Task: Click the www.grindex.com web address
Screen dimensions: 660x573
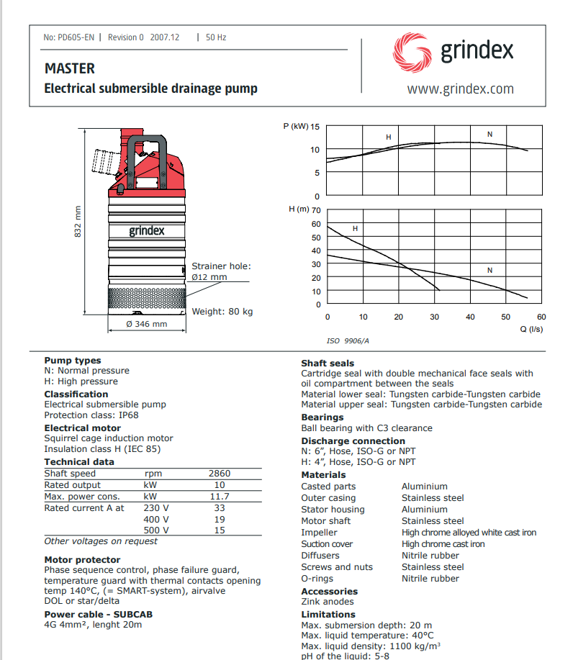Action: (x=460, y=89)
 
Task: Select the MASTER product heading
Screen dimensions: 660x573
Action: (x=70, y=68)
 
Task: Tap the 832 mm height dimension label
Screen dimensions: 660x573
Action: (x=79, y=221)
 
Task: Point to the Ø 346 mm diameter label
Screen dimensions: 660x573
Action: (x=146, y=324)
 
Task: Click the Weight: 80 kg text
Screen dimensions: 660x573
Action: (x=222, y=312)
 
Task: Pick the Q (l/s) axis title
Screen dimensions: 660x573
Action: (x=531, y=328)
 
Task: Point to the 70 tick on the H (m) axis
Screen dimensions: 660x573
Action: (x=316, y=211)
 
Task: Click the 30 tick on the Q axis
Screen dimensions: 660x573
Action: (x=434, y=317)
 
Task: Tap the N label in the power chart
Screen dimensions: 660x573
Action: (x=490, y=135)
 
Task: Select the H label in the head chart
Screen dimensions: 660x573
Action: (x=355, y=228)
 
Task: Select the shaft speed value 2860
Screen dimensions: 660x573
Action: (x=219, y=474)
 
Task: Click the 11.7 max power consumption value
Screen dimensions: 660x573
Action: (x=219, y=497)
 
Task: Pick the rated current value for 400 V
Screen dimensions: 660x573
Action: (x=219, y=519)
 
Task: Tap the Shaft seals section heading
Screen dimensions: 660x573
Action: (x=328, y=363)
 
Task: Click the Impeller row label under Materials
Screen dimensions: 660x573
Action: (x=319, y=533)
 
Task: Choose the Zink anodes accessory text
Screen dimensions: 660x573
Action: (x=328, y=602)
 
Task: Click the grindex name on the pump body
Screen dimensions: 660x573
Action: (x=147, y=231)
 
